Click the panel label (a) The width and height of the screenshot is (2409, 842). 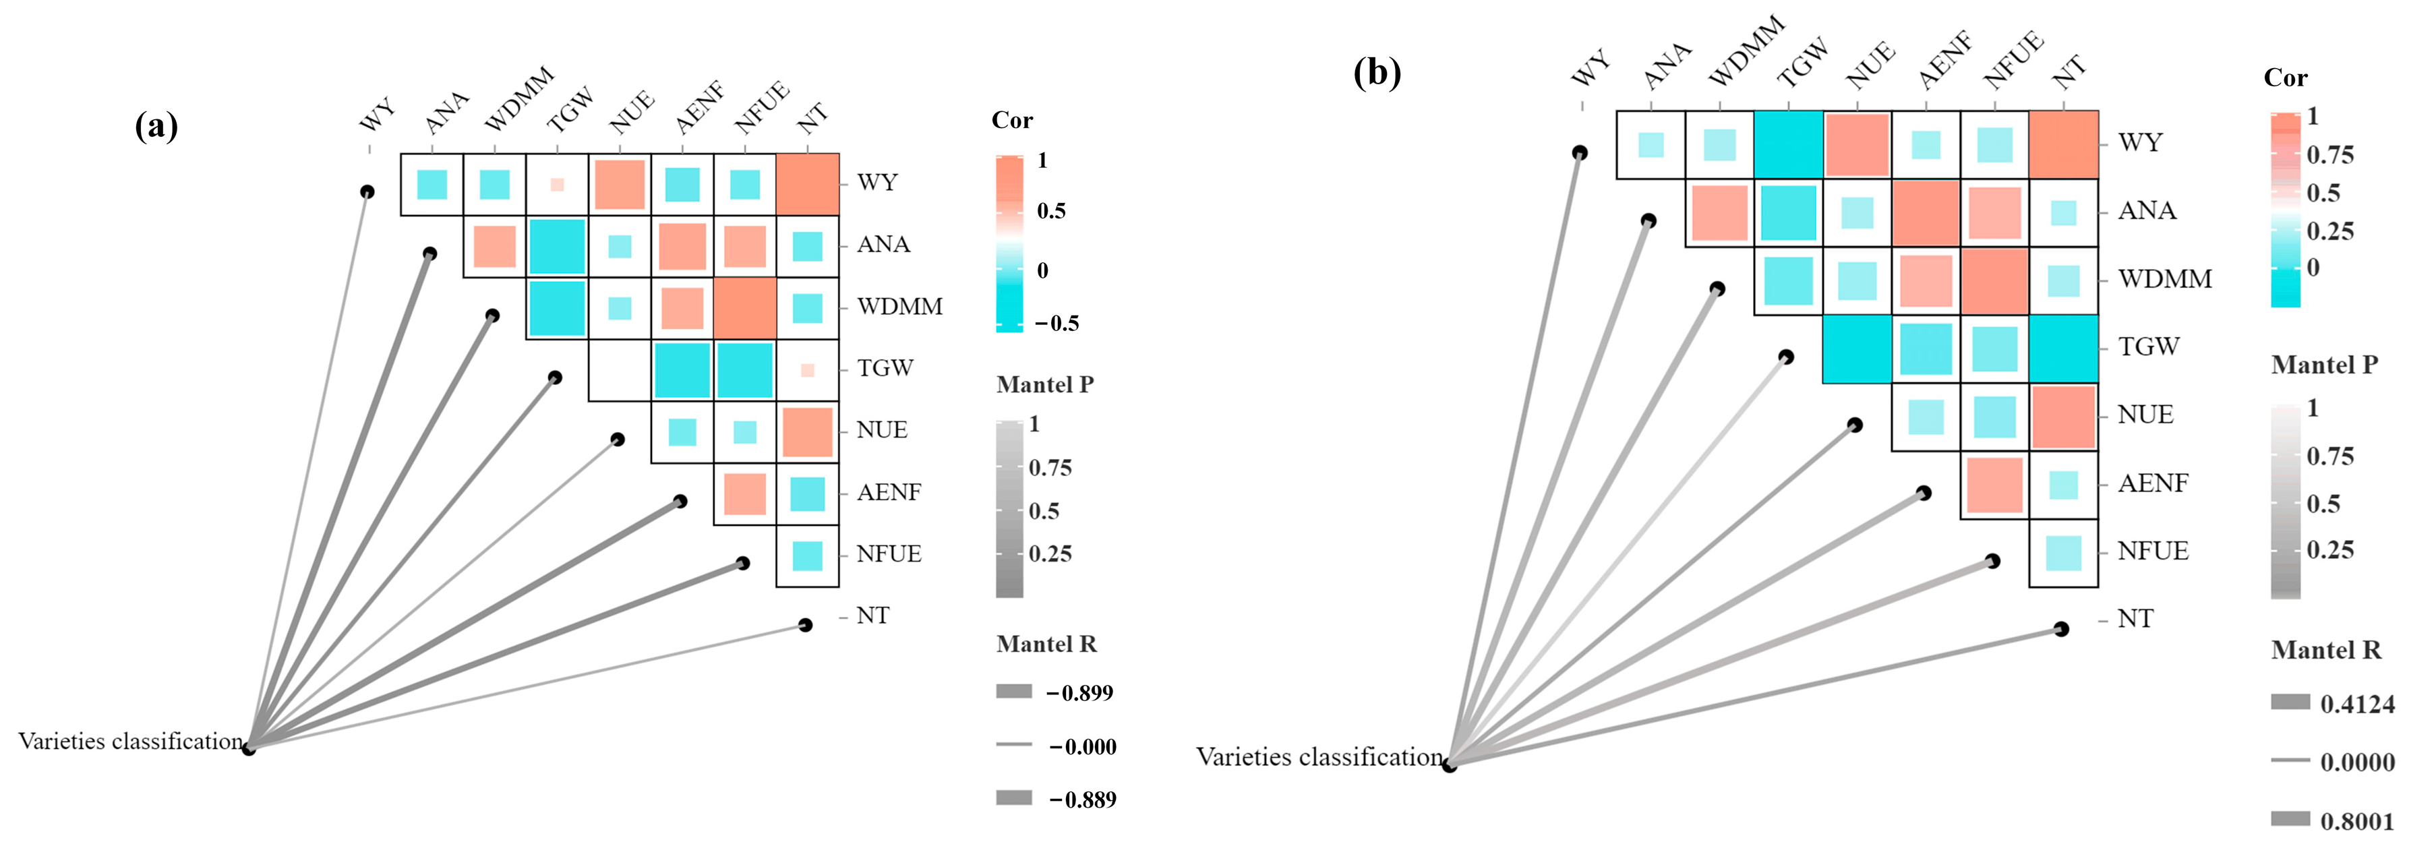click(x=156, y=125)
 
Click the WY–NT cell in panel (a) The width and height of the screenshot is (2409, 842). click(x=807, y=184)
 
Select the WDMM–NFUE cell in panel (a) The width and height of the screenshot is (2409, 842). click(x=744, y=308)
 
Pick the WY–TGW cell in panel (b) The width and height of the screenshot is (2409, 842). click(x=1788, y=144)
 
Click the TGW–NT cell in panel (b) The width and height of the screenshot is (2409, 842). click(x=2063, y=348)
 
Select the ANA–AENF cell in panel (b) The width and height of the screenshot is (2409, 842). click(x=1926, y=212)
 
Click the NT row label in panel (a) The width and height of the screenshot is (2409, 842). click(x=872, y=615)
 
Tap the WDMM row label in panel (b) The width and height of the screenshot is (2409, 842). click(x=2164, y=279)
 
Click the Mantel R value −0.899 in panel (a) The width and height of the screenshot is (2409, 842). click(x=1080, y=693)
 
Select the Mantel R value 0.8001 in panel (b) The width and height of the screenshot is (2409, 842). click(x=2356, y=821)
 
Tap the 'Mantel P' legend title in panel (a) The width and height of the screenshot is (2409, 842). click(x=1044, y=384)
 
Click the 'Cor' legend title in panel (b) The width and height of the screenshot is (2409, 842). click(x=2285, y=78)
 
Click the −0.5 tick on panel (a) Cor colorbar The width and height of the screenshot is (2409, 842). click(x=1057, y=324)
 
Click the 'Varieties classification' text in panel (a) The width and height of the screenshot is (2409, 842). click(x=130, y=741)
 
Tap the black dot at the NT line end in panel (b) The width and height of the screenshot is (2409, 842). click(x=2061, y=629)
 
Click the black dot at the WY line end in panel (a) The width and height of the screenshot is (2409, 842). click(x=367, y=191)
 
